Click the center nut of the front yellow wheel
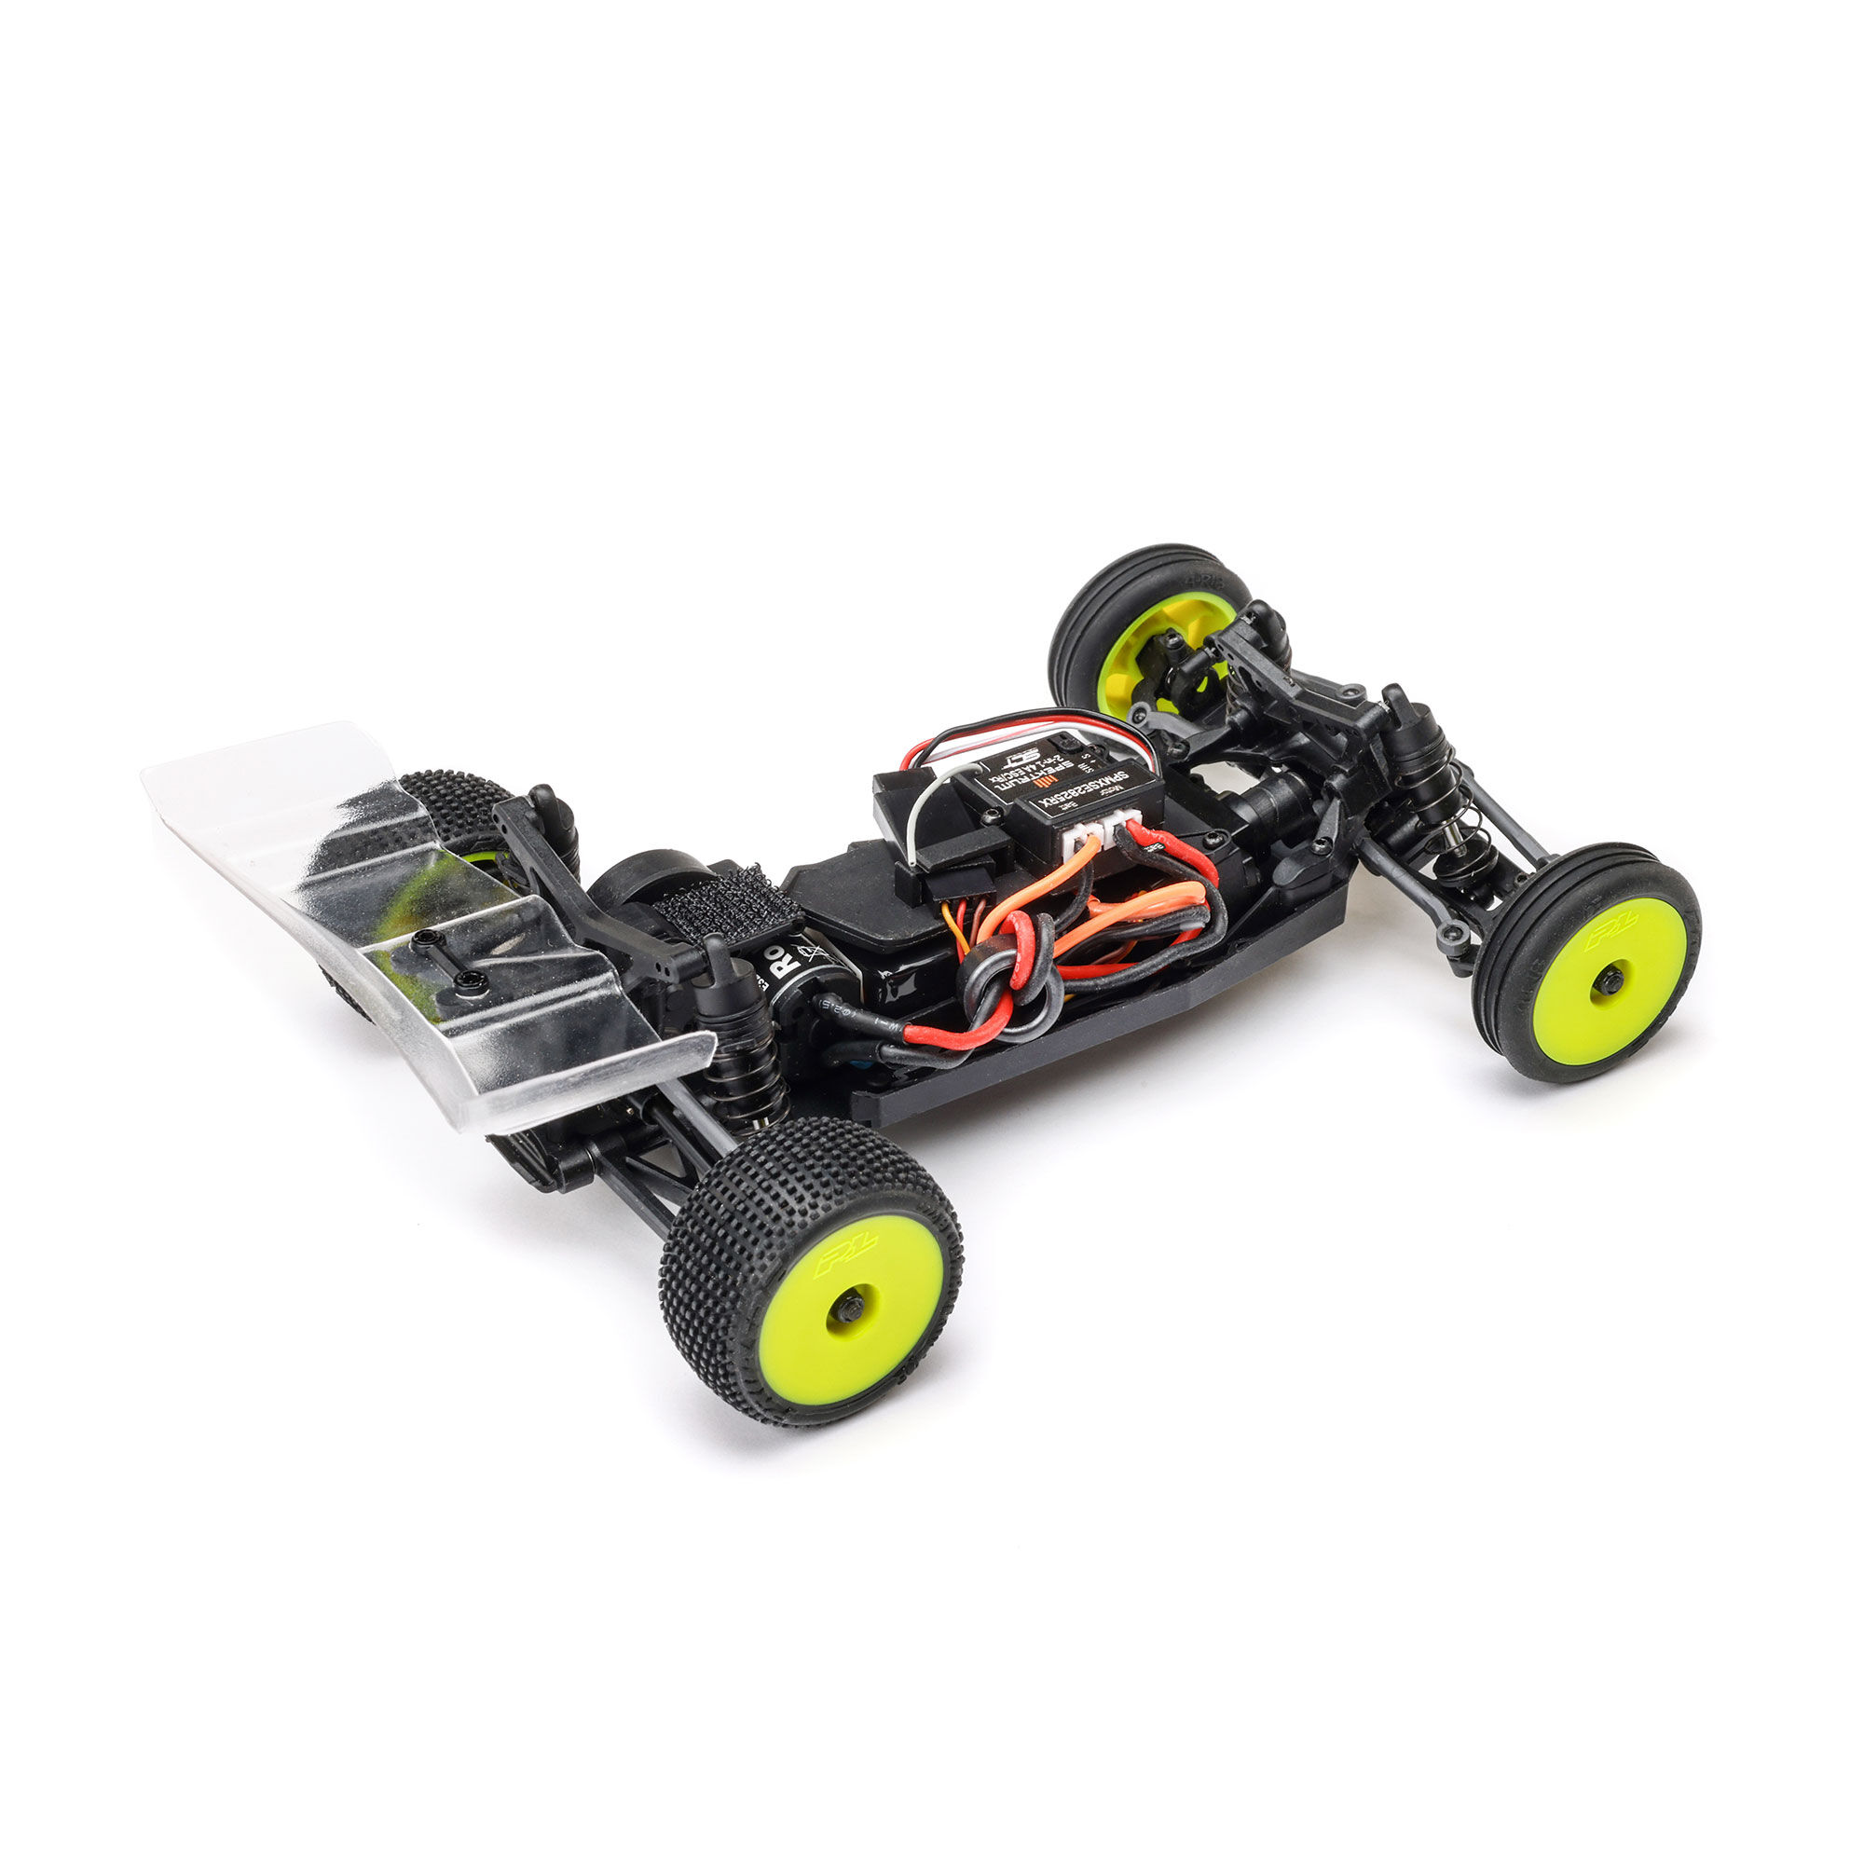click(x=1609, y=981)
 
